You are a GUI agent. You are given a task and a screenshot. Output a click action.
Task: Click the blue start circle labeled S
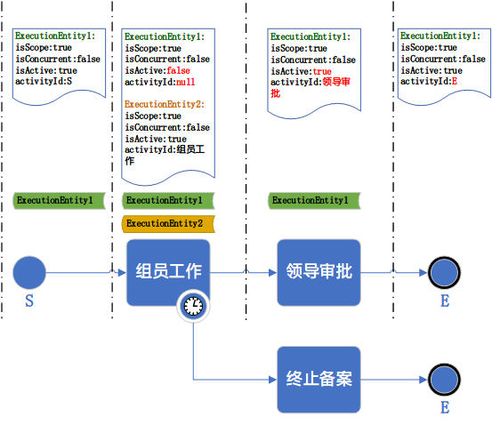29,272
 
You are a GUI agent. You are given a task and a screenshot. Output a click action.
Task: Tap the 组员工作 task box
168,271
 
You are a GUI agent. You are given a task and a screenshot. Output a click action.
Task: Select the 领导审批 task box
319,272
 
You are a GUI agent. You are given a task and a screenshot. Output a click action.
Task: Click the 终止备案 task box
319,379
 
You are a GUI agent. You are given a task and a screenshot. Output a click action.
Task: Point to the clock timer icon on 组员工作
193,307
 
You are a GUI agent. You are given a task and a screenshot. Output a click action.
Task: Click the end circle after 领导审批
444,273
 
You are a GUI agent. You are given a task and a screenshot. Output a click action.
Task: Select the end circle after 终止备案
444,379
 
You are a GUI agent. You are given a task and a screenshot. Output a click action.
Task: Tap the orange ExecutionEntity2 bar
165,223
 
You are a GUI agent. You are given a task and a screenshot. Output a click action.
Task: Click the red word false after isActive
178,70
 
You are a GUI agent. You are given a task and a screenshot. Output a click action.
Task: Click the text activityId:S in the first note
44,82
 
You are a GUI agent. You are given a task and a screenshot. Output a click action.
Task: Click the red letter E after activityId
455,81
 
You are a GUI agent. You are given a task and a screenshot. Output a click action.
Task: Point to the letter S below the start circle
29,302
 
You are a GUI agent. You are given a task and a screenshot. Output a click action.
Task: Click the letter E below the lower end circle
444,408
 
